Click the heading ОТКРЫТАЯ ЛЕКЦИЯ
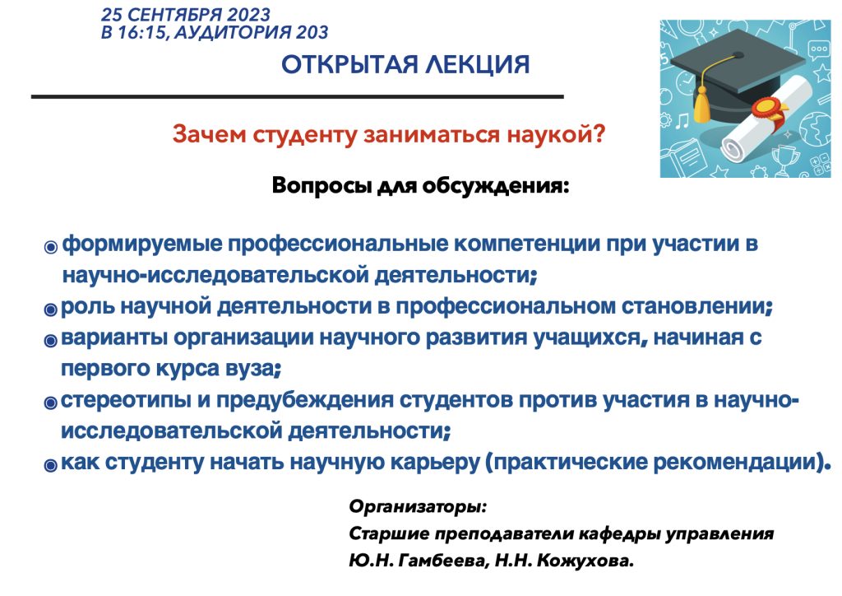[x=405, y=65]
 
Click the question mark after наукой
[x=599, y=134]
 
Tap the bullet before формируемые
[x=50, y=247]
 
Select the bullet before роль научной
[x=50, y=310]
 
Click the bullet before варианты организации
[x=50, y=341]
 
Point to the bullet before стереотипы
[x=50, y=403]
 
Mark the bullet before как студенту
[x=50, y=465]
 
